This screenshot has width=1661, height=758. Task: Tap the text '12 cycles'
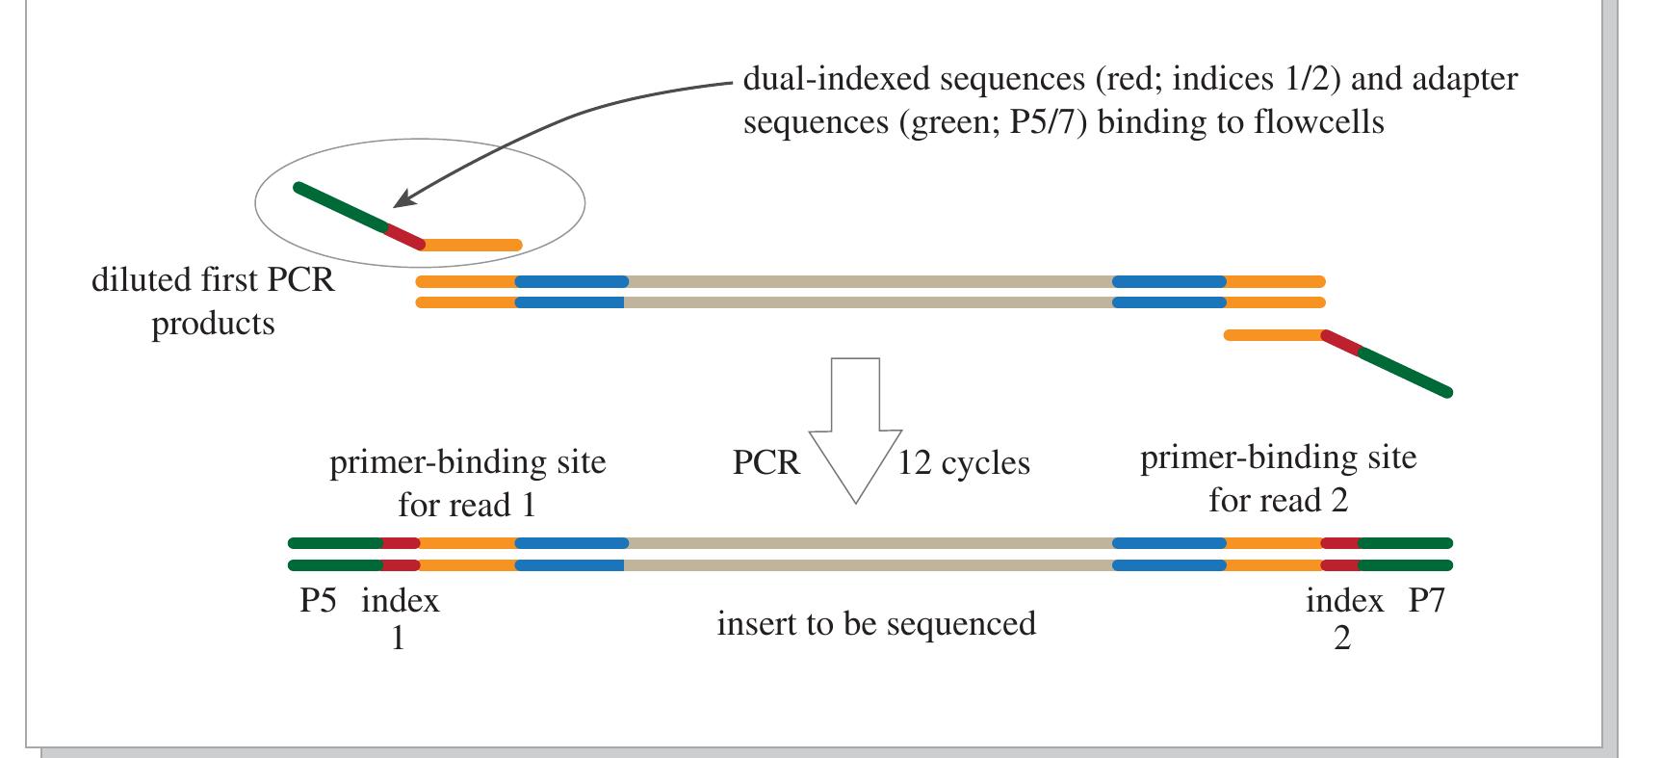pyautogui.click(x=964, y=463)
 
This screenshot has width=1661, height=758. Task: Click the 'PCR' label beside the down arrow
pyautogui.click(x=766, y=462)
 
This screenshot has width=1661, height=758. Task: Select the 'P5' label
pyautogui.click(x=318, y=601)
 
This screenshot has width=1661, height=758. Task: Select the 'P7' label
pyautogui.click(x=1427, y=601)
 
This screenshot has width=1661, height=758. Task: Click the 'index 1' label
pyautogui.click(x=400, y=617)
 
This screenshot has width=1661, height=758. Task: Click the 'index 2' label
pyautogui.click(x=1344, y=617)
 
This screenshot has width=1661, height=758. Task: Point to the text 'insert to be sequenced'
pyautogui.click(x=876, y=624)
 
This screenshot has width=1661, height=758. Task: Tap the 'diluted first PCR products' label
pyautogui.click(x=213, y=301)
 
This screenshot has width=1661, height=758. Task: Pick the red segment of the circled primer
pyautogui.click(x=405, y=237)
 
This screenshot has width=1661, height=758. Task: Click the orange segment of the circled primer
pyautogui.click(x=472, y=246)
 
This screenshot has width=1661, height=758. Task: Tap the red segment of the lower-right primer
pyautogui.click(x=1341, y=343)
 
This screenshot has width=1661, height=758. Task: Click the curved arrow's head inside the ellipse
pyautogui.click(x=403, y=200)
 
